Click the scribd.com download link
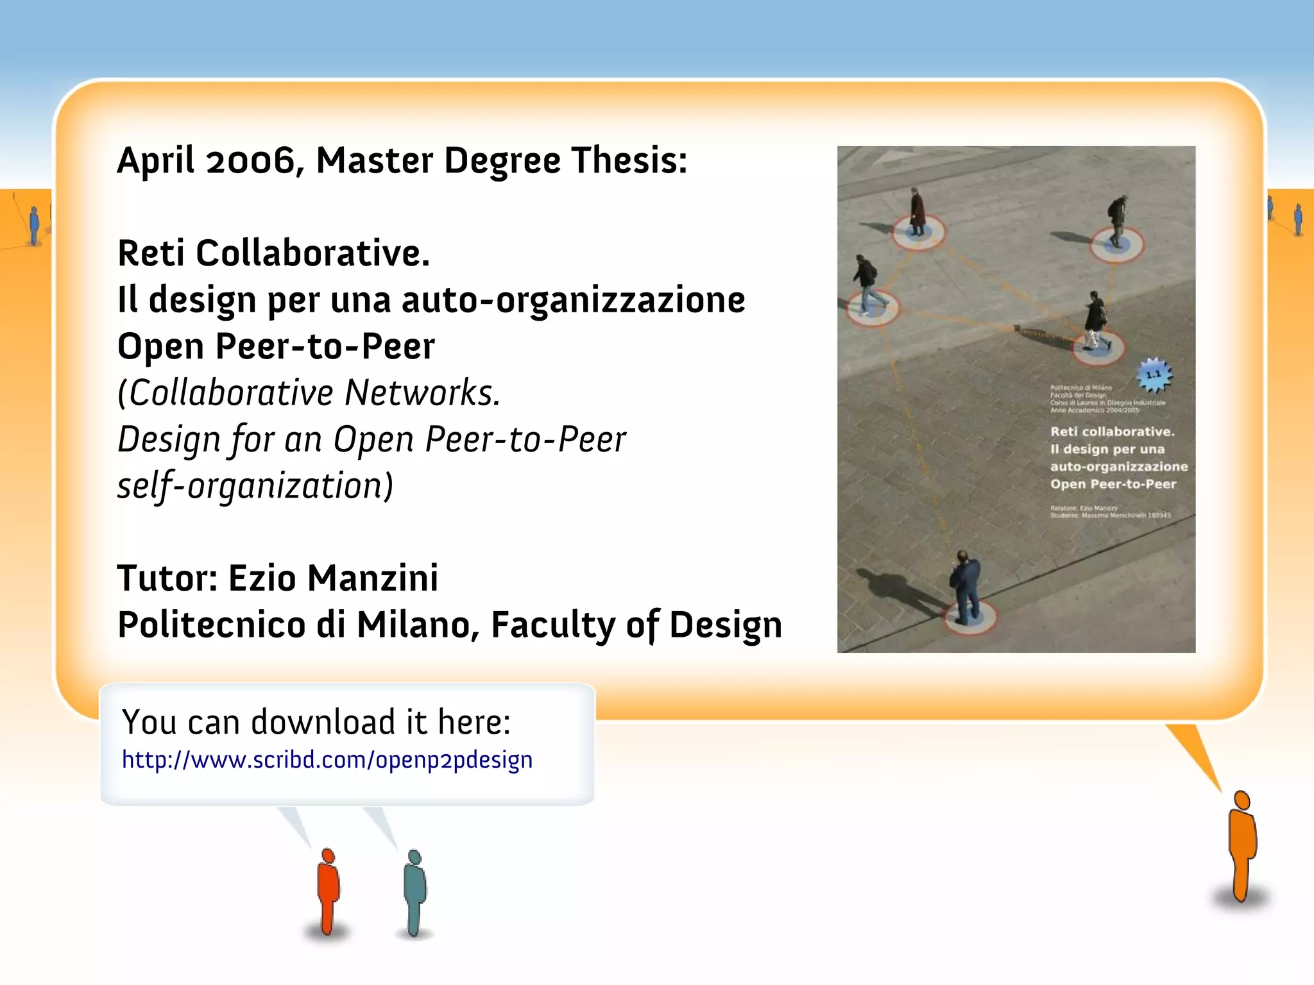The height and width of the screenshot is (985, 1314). pos(327,760)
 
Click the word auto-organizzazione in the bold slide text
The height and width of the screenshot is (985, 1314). pos(573,299)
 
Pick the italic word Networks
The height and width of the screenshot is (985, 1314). pos(422,392)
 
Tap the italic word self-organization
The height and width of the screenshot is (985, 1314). pos(255,485)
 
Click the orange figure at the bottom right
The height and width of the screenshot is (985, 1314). pos(1242,846)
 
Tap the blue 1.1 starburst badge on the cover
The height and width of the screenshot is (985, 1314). pos(1154,375)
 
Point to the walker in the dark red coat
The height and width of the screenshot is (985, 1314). pos(917,212)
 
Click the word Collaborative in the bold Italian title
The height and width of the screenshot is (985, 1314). pos(312,253)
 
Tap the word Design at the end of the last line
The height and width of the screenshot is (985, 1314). pos(726,625)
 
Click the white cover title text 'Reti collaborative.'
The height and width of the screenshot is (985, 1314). pos(1112,432)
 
